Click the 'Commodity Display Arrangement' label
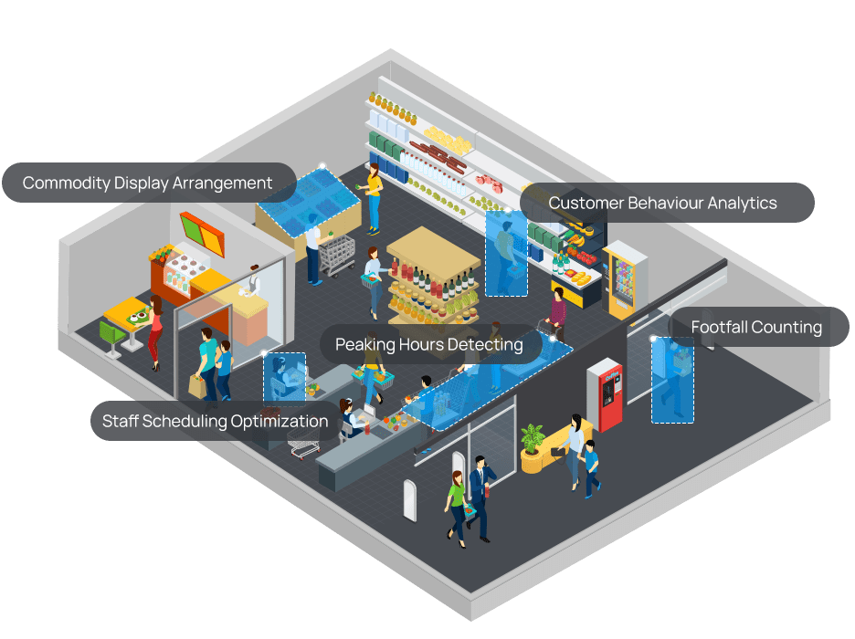click(x=148, y=183)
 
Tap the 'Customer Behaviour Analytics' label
click(x=662, y=203)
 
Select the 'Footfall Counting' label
click(x=756, y=327)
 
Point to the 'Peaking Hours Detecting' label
click(x=428, y=344)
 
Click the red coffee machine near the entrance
click(x=605, y=393)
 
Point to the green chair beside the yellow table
click(x=111, y=339)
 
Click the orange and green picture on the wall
click(x=203, y=235)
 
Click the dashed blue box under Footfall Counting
click(x=672, y=380)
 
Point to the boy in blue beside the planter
click(x=591, y=467)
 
